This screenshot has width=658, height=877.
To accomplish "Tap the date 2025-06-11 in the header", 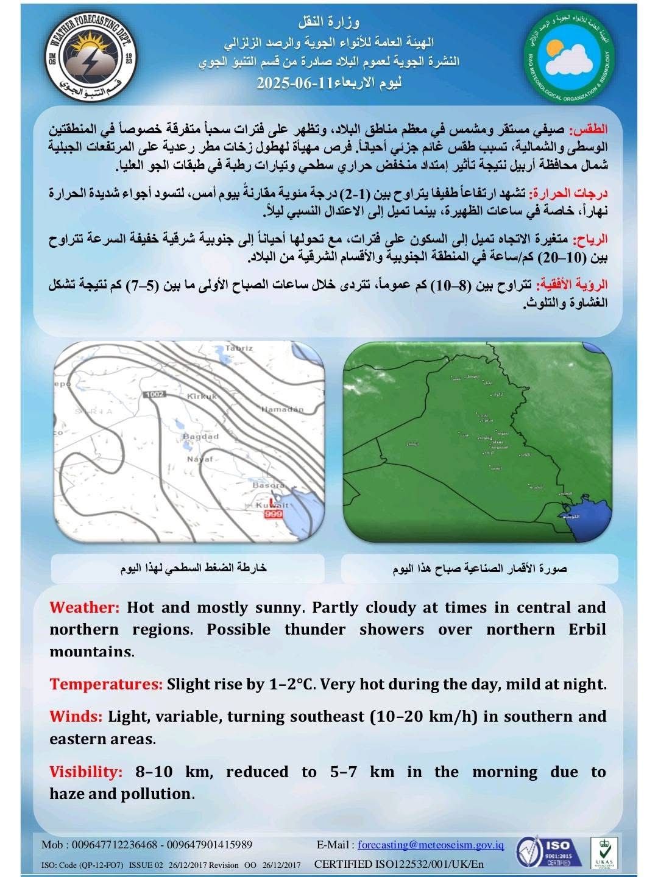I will pyautogui.click(x=292, y=83).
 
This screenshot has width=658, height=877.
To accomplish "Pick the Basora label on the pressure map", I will pyautogui.click(x=269, y=485).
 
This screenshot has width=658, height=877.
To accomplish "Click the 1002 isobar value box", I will pyautogui.click(x=155, y=395).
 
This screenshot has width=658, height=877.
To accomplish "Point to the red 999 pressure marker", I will pyautogui.click(x=274, y=515).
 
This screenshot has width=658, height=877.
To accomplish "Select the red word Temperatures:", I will pyautogui.click(x=105, y=684).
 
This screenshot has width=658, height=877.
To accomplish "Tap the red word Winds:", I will pyautogui.click(x=76, y=716).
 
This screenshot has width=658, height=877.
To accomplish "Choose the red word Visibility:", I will pyautogui.click(x=86, y=772).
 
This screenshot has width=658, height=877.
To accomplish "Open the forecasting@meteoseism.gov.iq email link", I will pyautogui.click(x=431, y=845).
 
